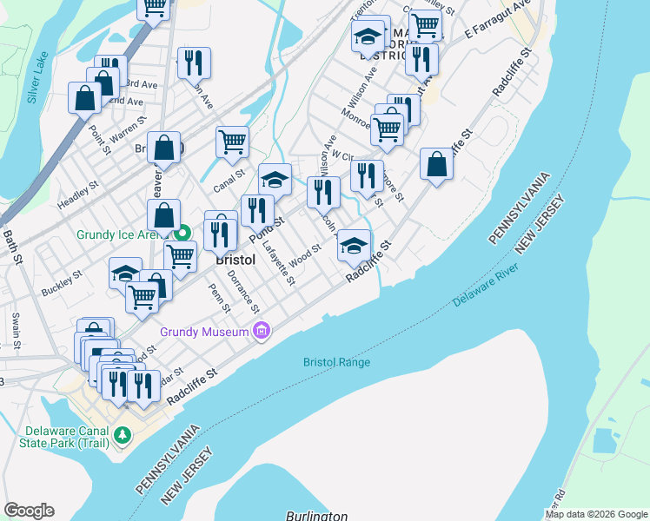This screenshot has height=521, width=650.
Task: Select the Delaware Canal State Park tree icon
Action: [x=123, y=434]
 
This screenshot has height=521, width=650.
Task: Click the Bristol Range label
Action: [x=336, y=362]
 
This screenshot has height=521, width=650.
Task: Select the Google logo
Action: [x=29, y=511]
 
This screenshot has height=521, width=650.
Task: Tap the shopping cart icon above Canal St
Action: [x=232, y=141]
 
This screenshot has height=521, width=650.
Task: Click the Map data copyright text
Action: [x=595, y=514]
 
